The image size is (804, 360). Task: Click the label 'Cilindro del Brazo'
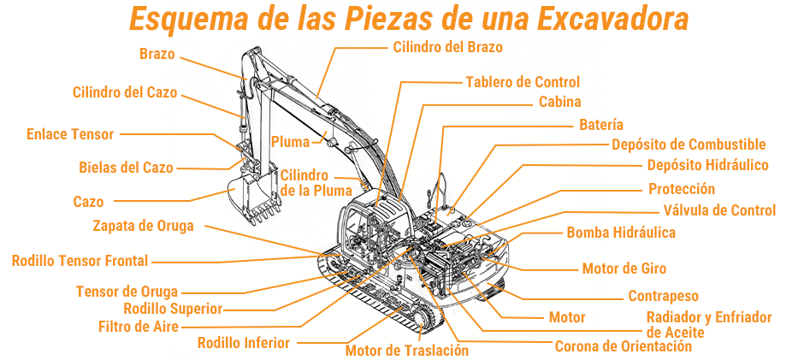[447, 47]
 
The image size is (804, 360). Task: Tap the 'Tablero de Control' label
[523, 82]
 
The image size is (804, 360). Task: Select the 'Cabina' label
[560, 102]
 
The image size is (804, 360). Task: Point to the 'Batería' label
[600, 125]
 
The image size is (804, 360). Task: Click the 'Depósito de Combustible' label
[689, 145]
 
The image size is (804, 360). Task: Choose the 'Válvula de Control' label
[719, 210]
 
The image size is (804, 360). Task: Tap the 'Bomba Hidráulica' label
[621, 233]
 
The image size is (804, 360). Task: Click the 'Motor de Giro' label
[624, 269]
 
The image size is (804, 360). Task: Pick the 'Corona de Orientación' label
[623, 346]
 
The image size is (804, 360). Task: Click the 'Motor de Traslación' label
[407, 350]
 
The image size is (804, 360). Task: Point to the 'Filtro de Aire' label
[138, 326]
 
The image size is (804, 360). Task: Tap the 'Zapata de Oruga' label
[143, 226]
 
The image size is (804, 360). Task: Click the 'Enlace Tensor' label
[70, 134]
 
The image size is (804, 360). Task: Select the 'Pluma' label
[290, 142]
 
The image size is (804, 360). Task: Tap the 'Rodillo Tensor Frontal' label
[80, 261]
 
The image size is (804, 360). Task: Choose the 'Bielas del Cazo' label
[126, 167]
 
